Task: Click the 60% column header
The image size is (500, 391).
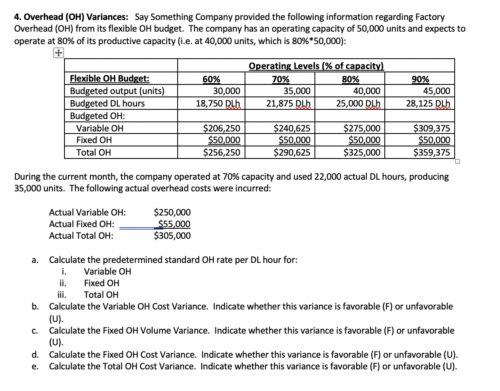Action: coord(211,79)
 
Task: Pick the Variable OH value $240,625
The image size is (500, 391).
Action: coord(292,128)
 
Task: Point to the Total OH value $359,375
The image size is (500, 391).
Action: coord(432,152)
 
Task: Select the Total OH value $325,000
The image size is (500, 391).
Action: coord(362,152)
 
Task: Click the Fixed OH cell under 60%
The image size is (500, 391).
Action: coord(224,140)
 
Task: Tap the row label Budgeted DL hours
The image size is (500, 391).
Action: coord(107,103)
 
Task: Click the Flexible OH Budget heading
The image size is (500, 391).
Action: coord(110,79)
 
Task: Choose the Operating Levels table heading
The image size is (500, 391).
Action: coord(316,66)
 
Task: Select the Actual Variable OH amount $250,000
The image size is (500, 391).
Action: coord(172,213)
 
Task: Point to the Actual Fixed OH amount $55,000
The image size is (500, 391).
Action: coord(174,224)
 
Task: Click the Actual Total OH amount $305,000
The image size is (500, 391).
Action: coord(172,236)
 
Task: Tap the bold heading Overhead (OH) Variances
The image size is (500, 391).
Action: coord(71,17)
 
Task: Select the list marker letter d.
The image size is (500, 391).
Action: coord(35,355)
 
